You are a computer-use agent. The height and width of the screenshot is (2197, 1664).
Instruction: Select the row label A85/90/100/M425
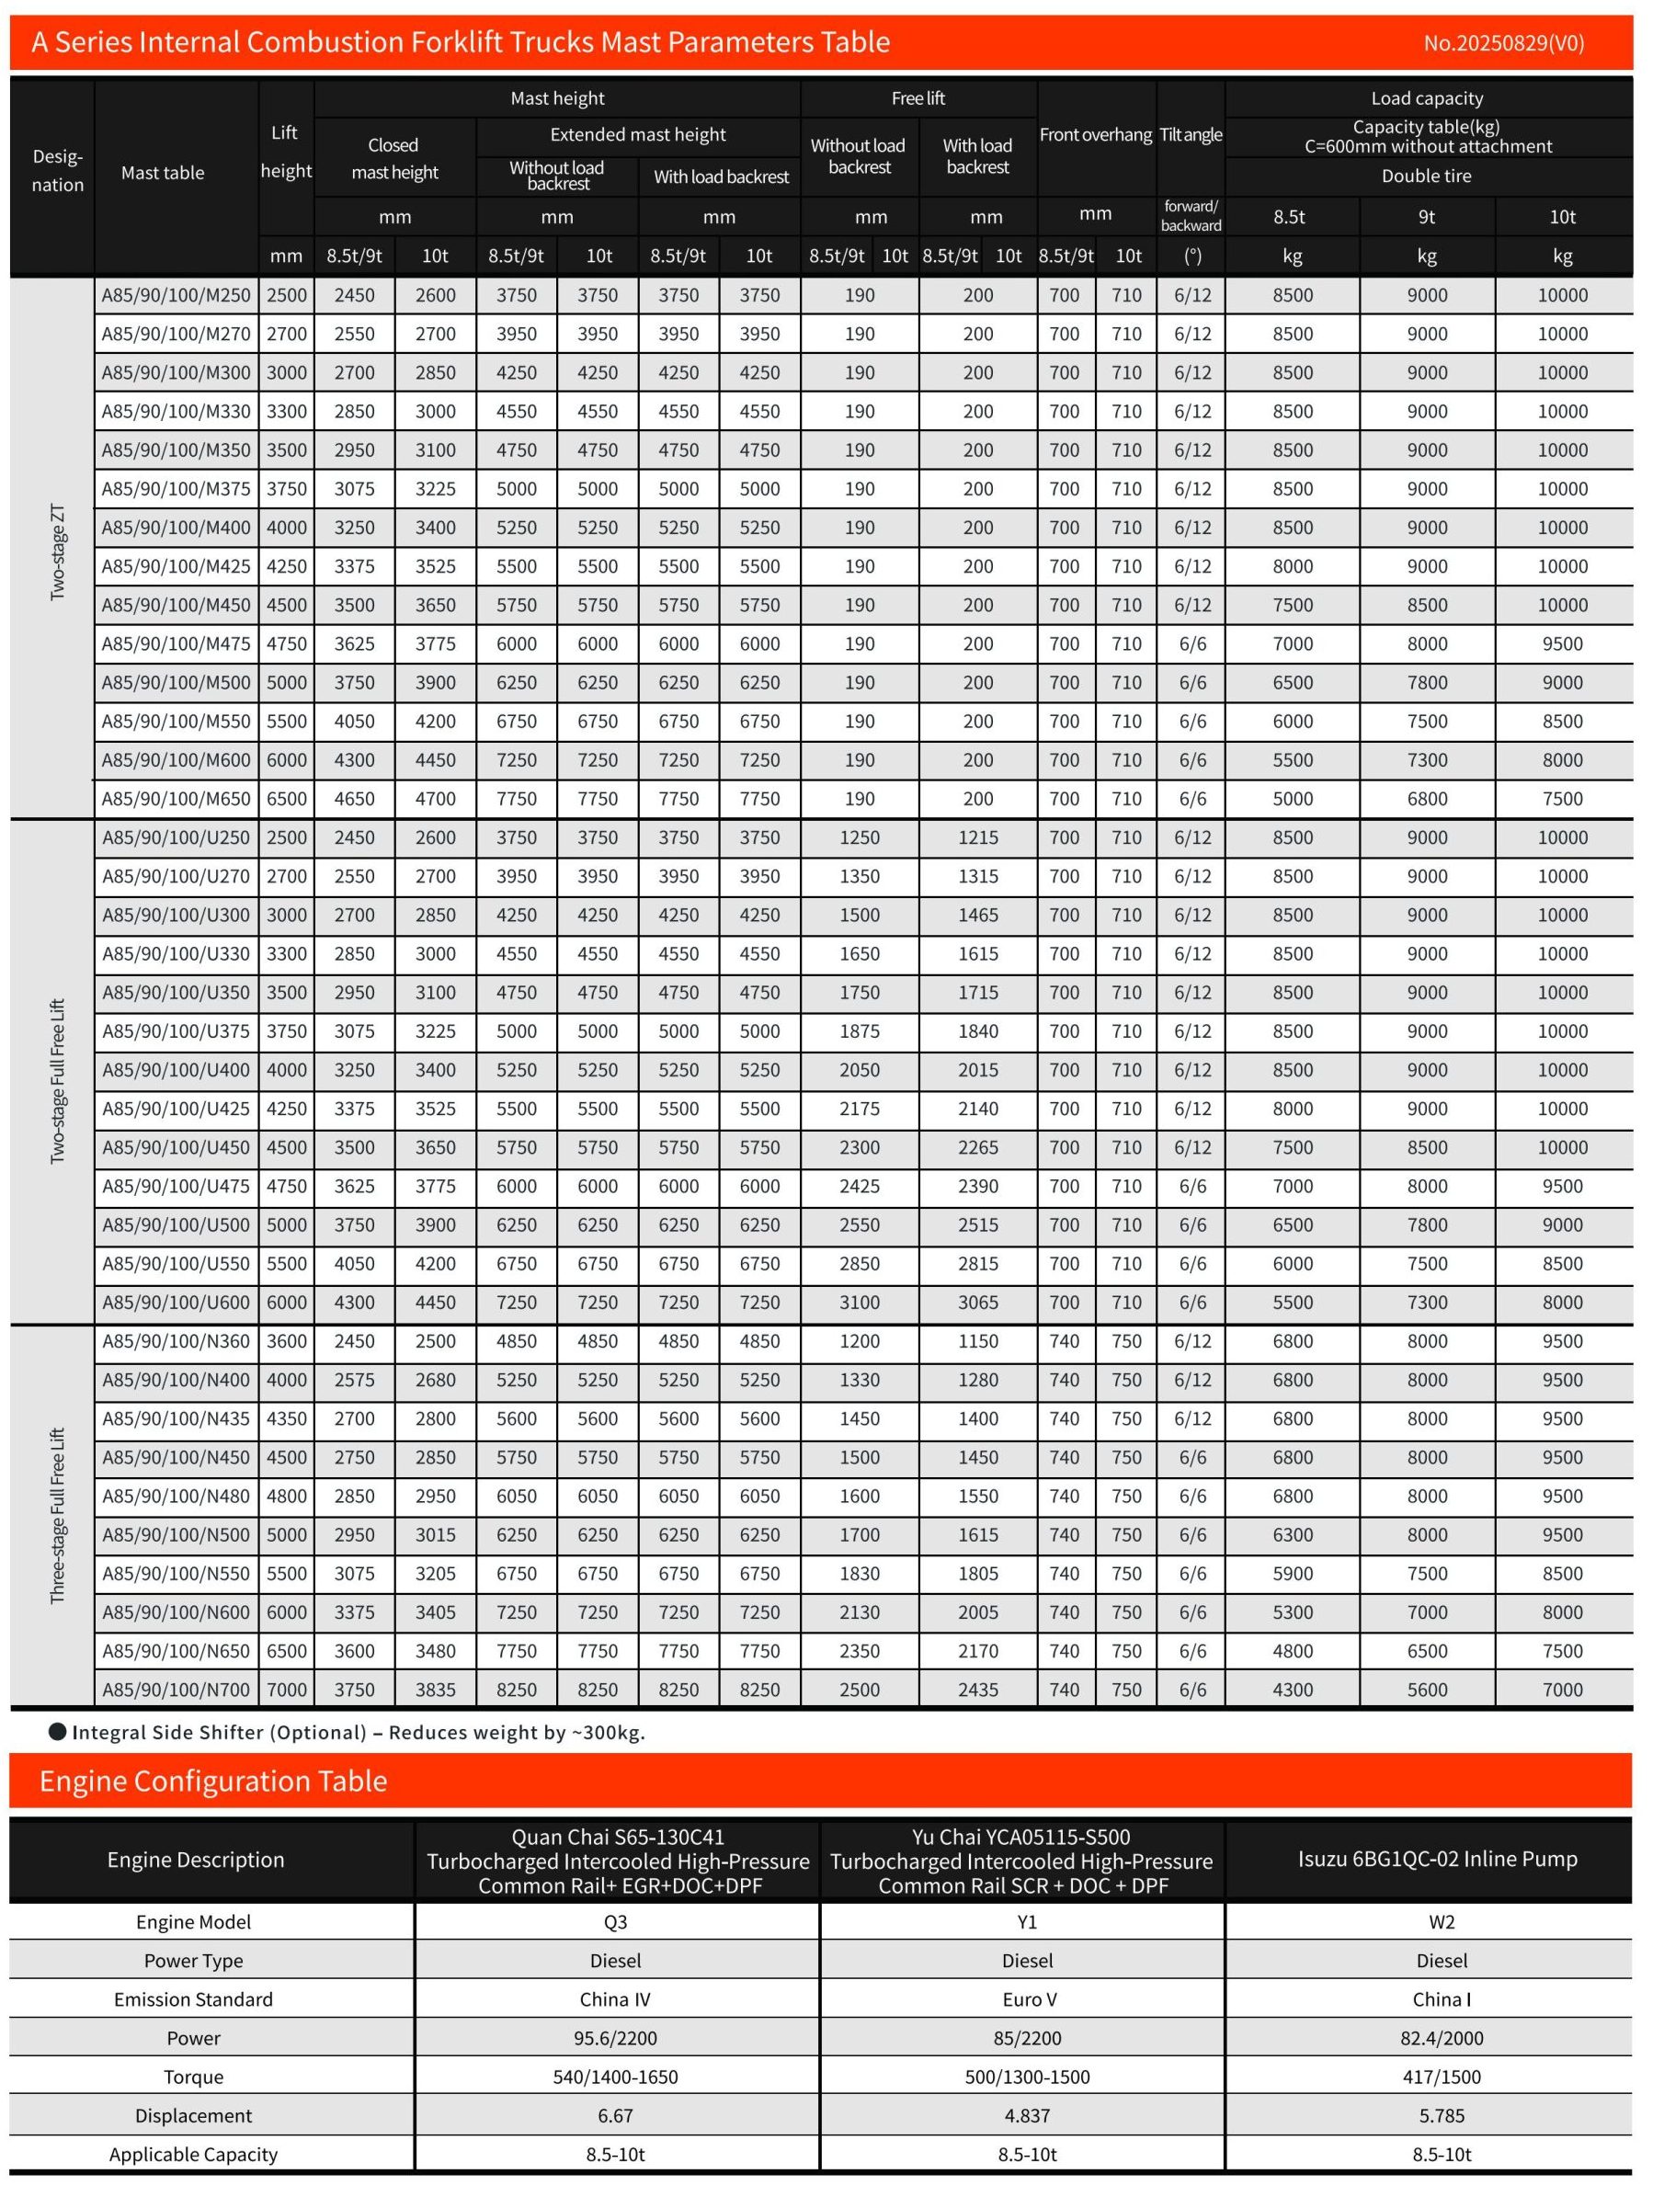coord(176,566)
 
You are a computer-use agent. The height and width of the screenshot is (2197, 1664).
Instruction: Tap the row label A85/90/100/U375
coord(176,1031)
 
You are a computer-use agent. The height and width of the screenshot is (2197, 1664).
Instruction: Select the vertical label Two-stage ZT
coord(58,552)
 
